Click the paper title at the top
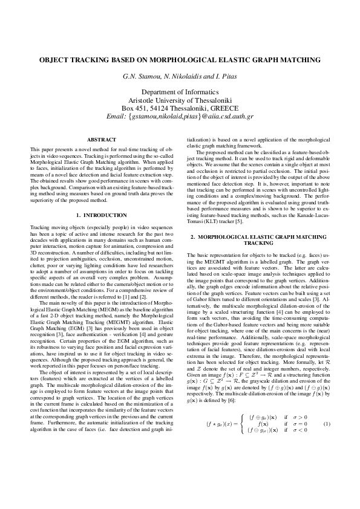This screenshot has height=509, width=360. click(x=180, y=60)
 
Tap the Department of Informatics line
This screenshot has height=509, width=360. click(x=180, y=91)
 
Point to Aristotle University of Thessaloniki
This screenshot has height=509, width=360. click(x=180, y=99)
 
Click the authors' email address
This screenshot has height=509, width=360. click(x=180, y=115)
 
